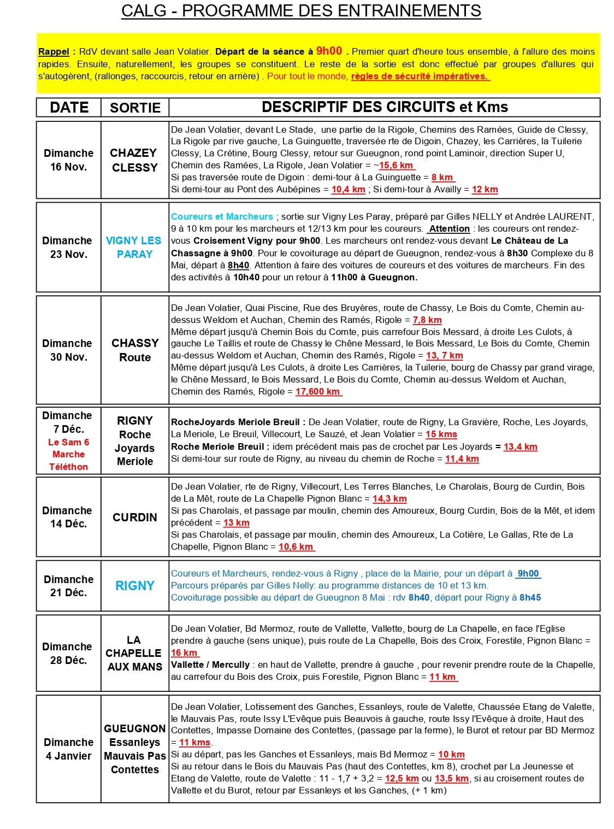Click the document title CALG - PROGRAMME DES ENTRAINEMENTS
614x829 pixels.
301,11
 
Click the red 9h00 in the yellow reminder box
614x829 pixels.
329,51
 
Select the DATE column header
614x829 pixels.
69,107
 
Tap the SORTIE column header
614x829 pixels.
135,108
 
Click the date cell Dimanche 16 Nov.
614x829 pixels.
69,160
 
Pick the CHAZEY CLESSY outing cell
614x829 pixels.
134,160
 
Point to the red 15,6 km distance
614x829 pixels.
397,165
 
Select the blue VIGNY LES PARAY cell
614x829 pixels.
134,247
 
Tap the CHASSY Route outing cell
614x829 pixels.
135,350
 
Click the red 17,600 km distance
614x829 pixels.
318,391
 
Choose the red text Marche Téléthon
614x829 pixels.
68,460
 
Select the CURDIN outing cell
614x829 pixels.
135,517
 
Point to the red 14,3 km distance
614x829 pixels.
389,498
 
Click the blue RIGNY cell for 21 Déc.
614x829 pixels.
135,586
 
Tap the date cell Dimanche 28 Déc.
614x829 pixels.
69,653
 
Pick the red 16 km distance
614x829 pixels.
185,652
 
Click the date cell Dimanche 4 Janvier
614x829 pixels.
69,749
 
